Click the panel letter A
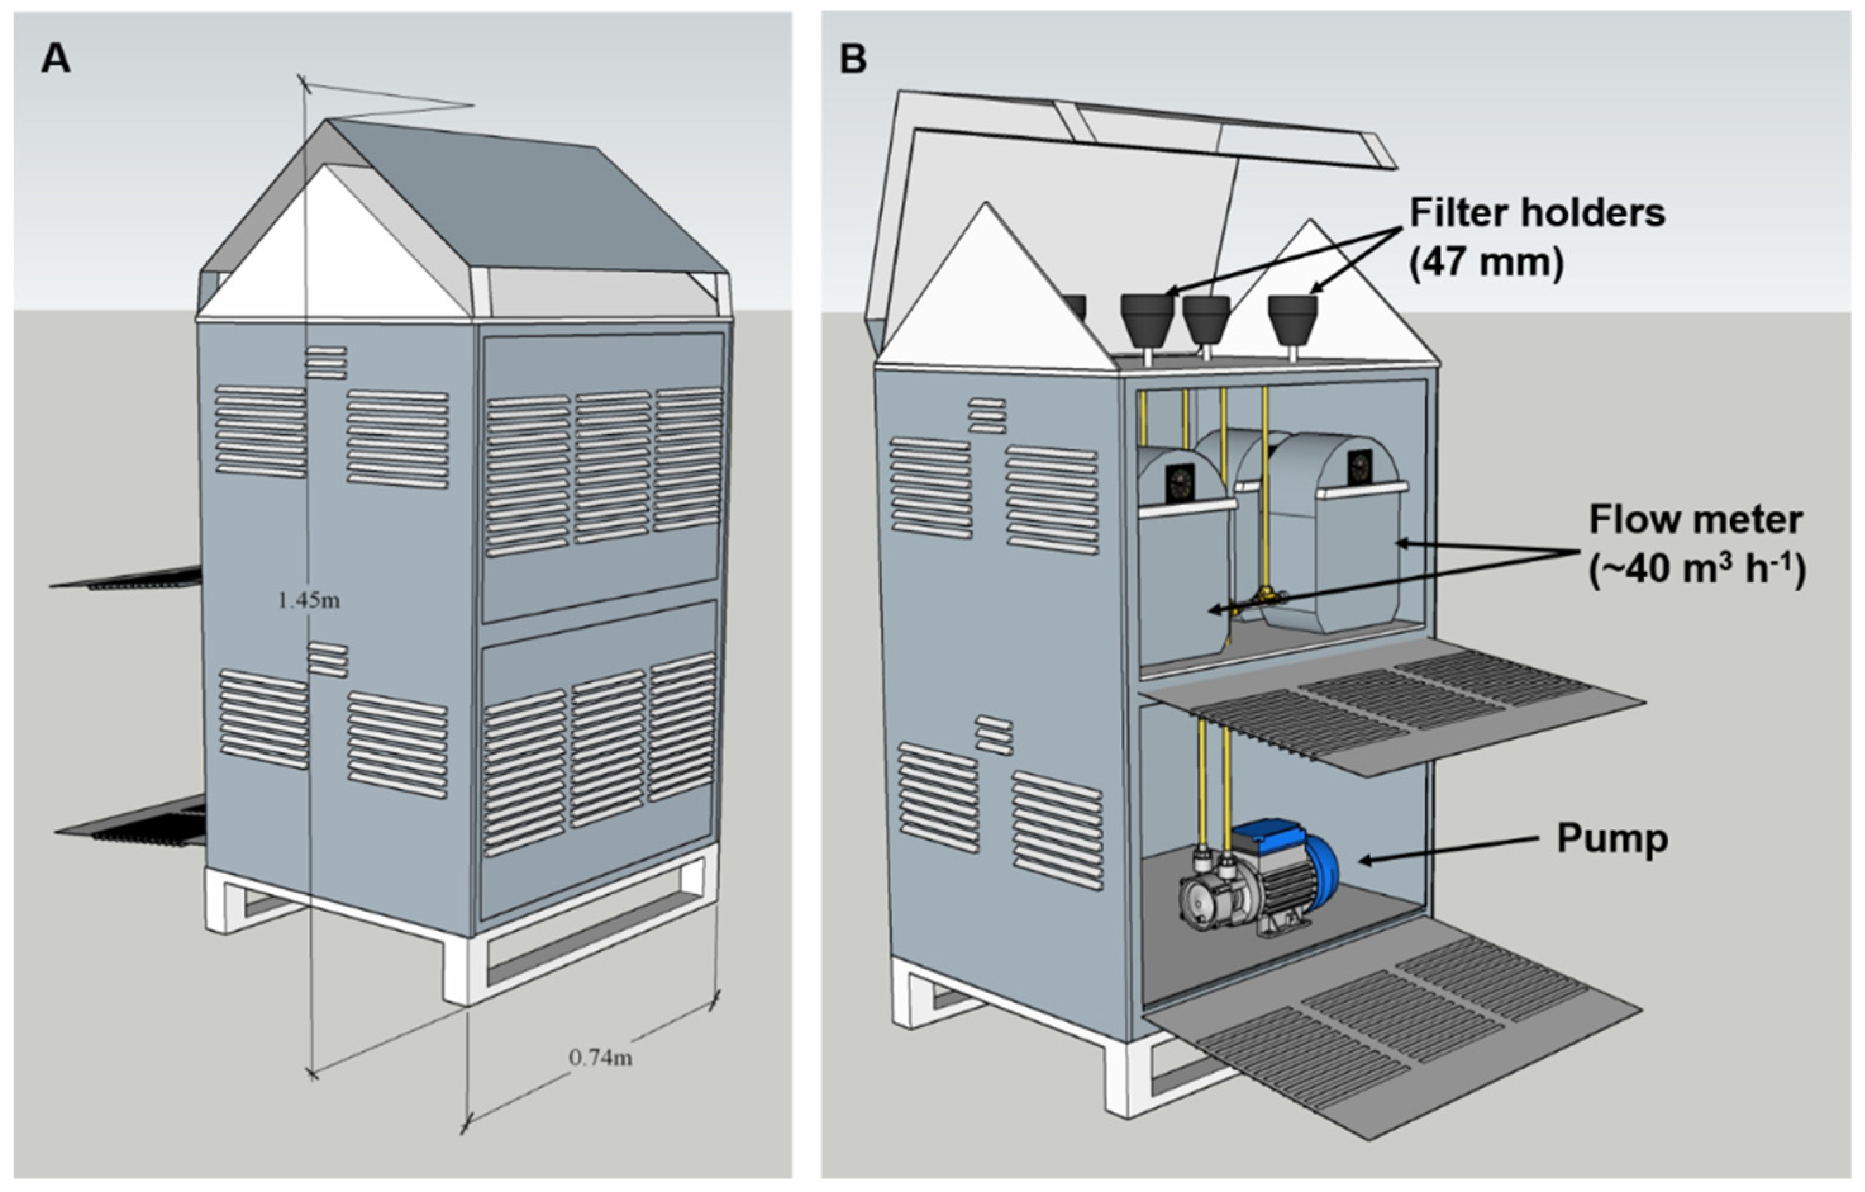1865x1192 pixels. point(55,59)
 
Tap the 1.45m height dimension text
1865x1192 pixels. point(308,600)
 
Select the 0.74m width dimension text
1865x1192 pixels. point(600,1057)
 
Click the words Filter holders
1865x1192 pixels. point(1537,212)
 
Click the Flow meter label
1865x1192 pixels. point(1695,520)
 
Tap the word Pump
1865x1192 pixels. point(1612,839)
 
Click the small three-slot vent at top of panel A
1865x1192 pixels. point(326,363)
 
